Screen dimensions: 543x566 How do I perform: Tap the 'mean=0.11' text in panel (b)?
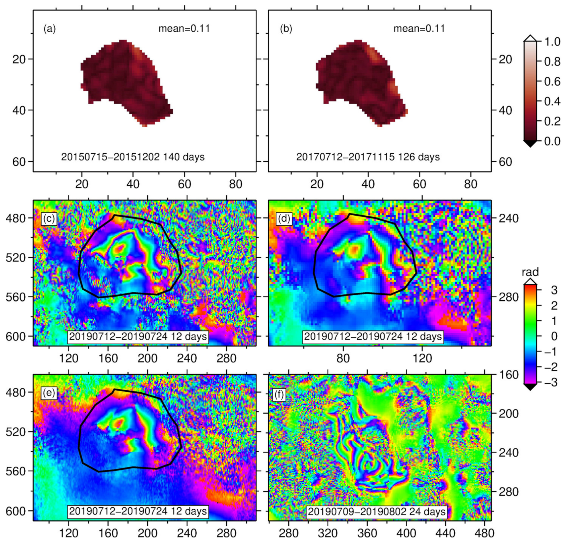click(x=419, y=28)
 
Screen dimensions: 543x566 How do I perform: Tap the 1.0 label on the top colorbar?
click(x=552, y=42)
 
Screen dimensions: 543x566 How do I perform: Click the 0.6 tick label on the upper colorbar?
click(x=552, y=82)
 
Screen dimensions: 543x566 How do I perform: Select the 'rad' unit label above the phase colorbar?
click(x=530, y=272)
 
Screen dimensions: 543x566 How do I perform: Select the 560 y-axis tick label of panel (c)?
click(x=16, y=297)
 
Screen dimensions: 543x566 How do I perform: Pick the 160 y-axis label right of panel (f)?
click(x=509, y=375)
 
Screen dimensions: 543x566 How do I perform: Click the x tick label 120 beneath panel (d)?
click(x=422, y=358)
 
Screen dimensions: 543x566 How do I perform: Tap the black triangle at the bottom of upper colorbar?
click(x=530, y=144)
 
